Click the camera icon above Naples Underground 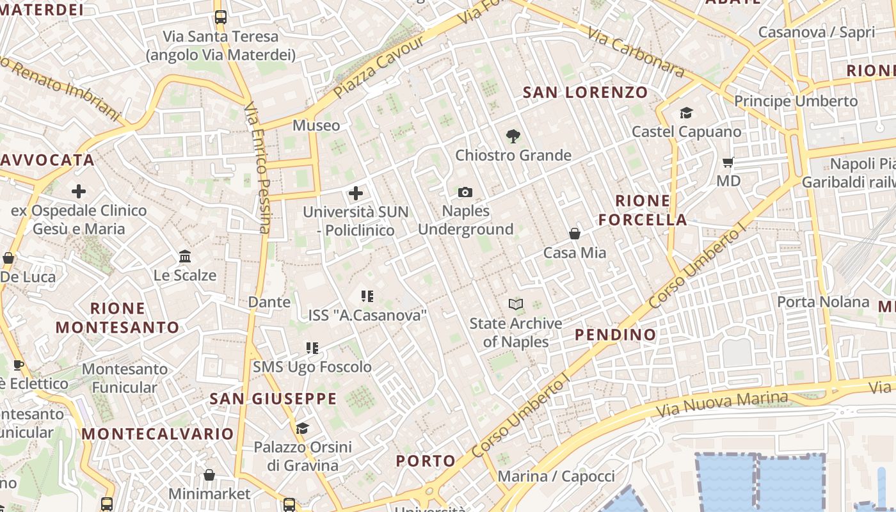pos(465,192)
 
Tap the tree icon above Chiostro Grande pos(513,136)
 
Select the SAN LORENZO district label pos(585,92)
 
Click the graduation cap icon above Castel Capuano pos(686,113)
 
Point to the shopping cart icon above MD pos(728,162)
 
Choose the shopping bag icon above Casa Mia pos(575,234)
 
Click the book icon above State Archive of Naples pos(516,304)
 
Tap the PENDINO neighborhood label pos(615,335)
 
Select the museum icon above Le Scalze pos(185,256)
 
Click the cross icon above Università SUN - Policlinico pos(356,193)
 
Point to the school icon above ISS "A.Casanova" pos(367,296)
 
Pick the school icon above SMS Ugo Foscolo pos(312,348)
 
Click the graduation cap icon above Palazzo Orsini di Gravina pos(302,428)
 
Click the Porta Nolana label pos(823,301)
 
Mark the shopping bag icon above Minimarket pos(209,475)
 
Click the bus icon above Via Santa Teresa pos(220,17)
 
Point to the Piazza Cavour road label pos(378,67)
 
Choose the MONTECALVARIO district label pos(157,434)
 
